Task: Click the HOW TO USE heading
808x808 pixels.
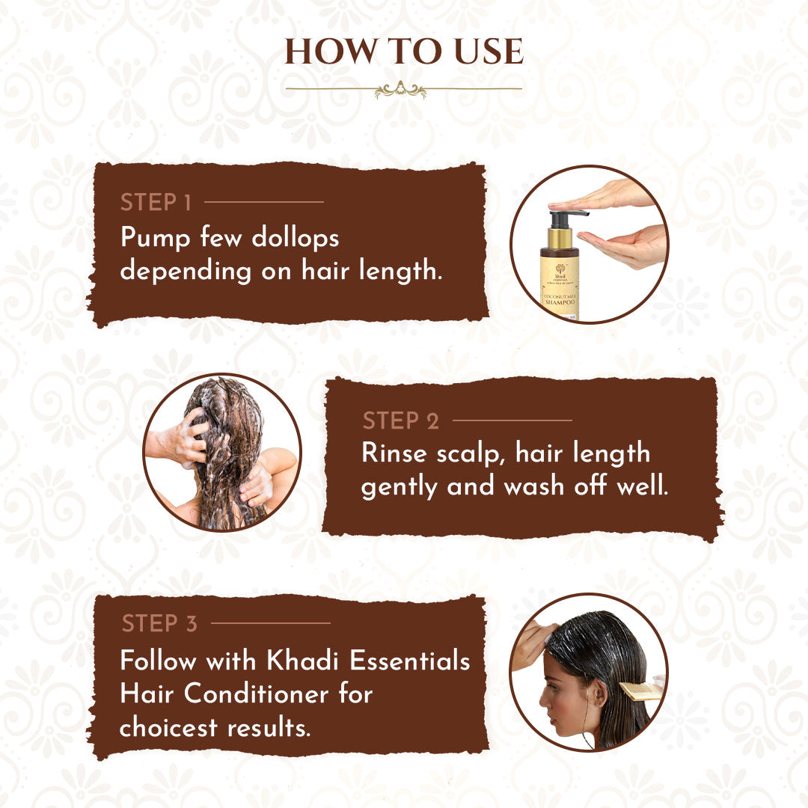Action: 404,52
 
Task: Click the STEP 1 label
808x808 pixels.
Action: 156,202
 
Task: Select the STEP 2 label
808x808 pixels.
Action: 401,421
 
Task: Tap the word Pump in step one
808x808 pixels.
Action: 151,238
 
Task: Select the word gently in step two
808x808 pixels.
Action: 400,487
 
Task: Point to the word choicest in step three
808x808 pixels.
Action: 167,727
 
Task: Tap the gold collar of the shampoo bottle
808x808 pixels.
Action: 560,239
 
